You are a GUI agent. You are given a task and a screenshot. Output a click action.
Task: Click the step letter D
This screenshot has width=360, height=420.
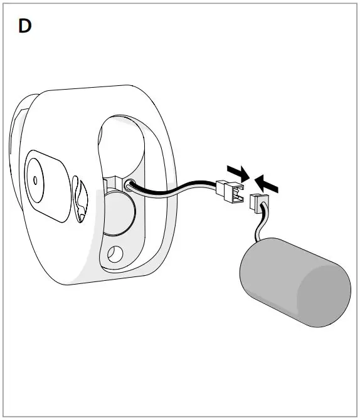point(24,26)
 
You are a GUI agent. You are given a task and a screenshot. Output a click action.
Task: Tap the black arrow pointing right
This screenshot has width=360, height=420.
point(238,173)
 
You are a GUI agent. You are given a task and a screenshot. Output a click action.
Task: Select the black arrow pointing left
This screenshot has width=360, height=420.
point(266,184)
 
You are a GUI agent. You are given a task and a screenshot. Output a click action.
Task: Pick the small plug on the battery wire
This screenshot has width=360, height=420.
point(259,202)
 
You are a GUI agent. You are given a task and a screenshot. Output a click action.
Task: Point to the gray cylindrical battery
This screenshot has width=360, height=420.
point(295,282)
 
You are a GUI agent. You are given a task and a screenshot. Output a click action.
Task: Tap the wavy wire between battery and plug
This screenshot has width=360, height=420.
point(260,225)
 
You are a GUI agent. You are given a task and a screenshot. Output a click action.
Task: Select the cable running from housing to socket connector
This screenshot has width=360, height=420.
point(172,189)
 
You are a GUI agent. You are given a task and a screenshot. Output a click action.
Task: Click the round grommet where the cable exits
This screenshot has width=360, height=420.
point(129,185)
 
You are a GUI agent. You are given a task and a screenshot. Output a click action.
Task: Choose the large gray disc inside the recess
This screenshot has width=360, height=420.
point(120,213)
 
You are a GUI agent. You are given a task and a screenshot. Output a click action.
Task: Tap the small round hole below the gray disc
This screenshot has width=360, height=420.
point(115,254)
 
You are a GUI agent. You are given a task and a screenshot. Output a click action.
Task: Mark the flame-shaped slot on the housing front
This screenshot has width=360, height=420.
point(80,199)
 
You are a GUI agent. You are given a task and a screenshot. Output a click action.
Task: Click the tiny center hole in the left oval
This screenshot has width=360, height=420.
point(35,181)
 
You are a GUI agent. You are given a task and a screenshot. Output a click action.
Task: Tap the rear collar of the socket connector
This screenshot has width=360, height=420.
point(221,187)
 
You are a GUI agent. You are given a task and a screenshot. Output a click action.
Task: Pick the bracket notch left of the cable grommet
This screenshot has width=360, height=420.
point(112,182)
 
